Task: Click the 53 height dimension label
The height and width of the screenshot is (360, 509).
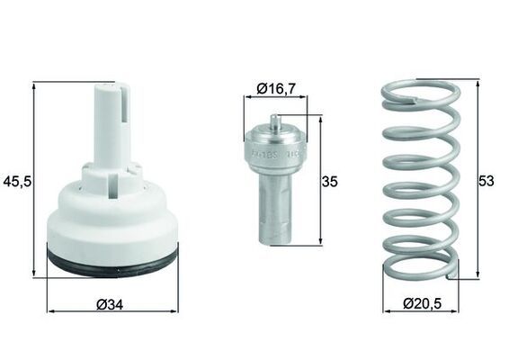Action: click(x=487, y=181)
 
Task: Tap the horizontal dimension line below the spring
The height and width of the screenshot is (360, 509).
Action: click(x=396, y=310)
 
